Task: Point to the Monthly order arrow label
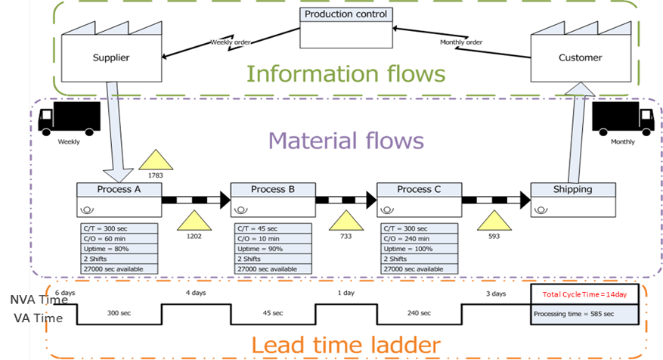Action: [x=461, y=42]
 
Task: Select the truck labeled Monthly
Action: [x=623, y=119]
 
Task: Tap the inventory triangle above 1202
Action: [x=195, y=222]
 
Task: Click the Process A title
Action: [x=119, y=189]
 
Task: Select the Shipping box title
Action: [x=572, y=189]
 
